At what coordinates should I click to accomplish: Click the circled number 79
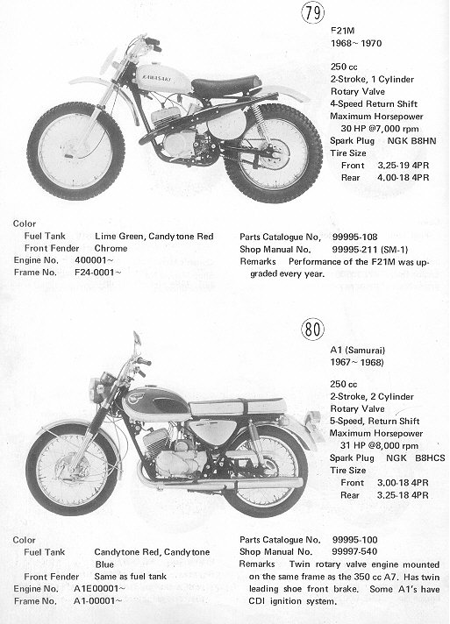click(x=312, y=12)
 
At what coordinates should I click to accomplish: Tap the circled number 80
click(x=312, y=330)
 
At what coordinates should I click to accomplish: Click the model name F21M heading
click(x=342, y=31)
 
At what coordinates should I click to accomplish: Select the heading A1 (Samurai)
click(x=358, y=351)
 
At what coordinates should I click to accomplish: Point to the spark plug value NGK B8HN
click(x=411, y=141)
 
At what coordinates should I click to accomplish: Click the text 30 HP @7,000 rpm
click(x=380, y=129)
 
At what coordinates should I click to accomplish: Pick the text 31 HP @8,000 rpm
click(x=379, y=446)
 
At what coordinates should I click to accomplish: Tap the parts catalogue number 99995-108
click(x=354, y=238)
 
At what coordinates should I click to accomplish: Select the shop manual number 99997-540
click(x=354, y=551)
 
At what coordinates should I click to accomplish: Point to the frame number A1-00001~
click(x=98, y=601)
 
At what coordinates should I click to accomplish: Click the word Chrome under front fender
click(x=111, y=248)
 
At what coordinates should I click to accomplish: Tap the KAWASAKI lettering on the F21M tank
click(x=154, y=78)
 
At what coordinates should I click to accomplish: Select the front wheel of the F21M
click(x=75, y=151)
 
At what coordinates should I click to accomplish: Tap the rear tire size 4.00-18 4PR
click(x=403, y=178)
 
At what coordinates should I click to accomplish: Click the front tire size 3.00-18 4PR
click(x=403, y=483)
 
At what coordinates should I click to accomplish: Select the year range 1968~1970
click(x=356, y=43)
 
